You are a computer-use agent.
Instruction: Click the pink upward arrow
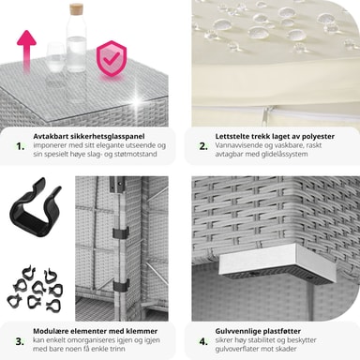[26, 50]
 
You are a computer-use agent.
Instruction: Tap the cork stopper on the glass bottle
[76, 9]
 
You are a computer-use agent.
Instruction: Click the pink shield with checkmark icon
[112, 58]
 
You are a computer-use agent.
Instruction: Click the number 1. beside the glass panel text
[20, 146]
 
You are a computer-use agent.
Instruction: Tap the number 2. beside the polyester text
[203, 146]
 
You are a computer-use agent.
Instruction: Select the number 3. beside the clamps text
[20, 341]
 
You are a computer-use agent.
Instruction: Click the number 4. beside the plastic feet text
[203, 341]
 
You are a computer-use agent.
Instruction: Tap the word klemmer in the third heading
[142, 331]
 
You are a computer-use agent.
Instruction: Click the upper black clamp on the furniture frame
[121, 232]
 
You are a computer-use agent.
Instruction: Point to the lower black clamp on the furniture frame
[121, 285]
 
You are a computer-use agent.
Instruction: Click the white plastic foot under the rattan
[277, 265]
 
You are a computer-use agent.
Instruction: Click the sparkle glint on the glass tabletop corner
[137, 101]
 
